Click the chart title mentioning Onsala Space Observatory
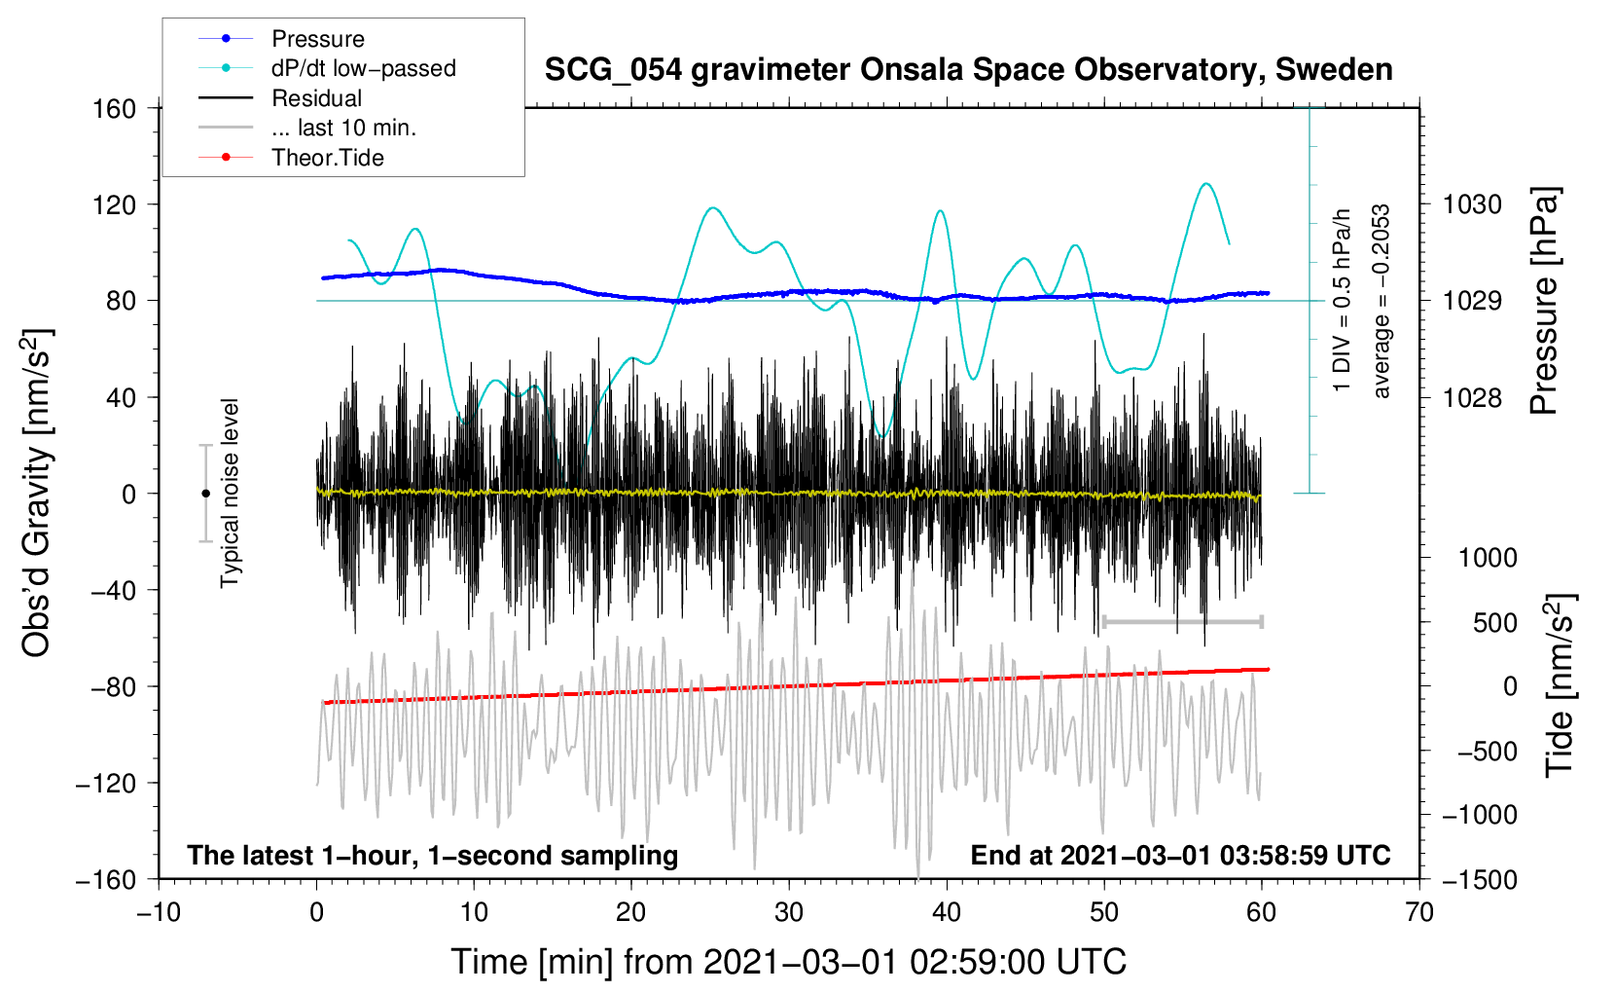[x=968, y=70]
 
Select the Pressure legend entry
[x=318, y=39]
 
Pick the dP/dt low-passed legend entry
[x=363, y=68]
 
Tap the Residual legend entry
[x=316, y=98]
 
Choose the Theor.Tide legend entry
[x=327, y=158]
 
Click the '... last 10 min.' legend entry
[x=343, y=128]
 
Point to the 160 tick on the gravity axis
[x=115, y=108]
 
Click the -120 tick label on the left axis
[x=106, y=783]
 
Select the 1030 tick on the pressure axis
[x=1472, y=204]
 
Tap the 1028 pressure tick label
[x=1472, y=397]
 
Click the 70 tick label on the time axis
[x=1419, y=912]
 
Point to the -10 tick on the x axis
[x=159, y=912]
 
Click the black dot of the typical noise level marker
[x=205, y=494]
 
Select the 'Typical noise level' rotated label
[x=230, y=494]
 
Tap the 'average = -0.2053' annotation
[x=1382, y=302]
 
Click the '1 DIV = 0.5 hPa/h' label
[x=1343, y=300]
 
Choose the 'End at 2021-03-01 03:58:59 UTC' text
[x=1180, y=855]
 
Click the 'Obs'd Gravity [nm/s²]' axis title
[x=37, y=494]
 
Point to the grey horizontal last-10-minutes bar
[x=1182, y=621]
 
